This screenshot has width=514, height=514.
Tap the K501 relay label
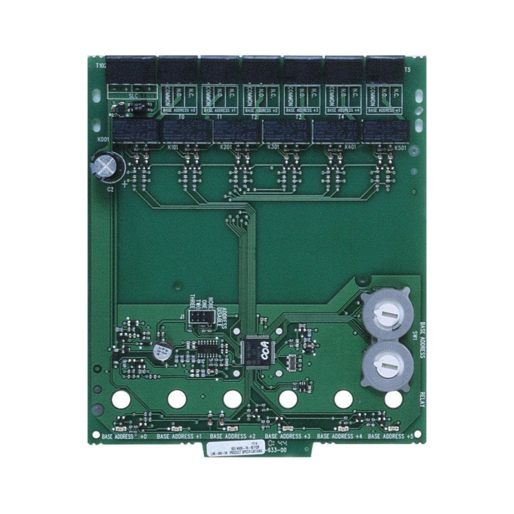click(x=400, y=148)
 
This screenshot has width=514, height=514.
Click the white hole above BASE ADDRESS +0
click(x=121, y=399)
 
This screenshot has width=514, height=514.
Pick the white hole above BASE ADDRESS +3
click(x=288, y=399)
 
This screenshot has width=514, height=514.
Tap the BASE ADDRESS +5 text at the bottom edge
click(x=391, y=436)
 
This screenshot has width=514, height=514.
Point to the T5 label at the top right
click(x=407, y=70)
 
